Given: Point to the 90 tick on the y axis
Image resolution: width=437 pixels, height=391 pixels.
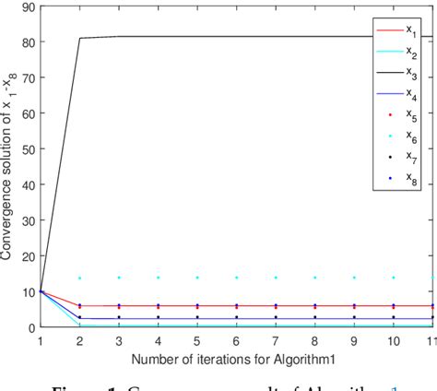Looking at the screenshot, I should pyautogui.click(x=28, y=7).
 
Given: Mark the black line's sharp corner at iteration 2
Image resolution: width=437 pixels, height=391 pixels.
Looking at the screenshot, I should pyautogui.click(x=80, y=39).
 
